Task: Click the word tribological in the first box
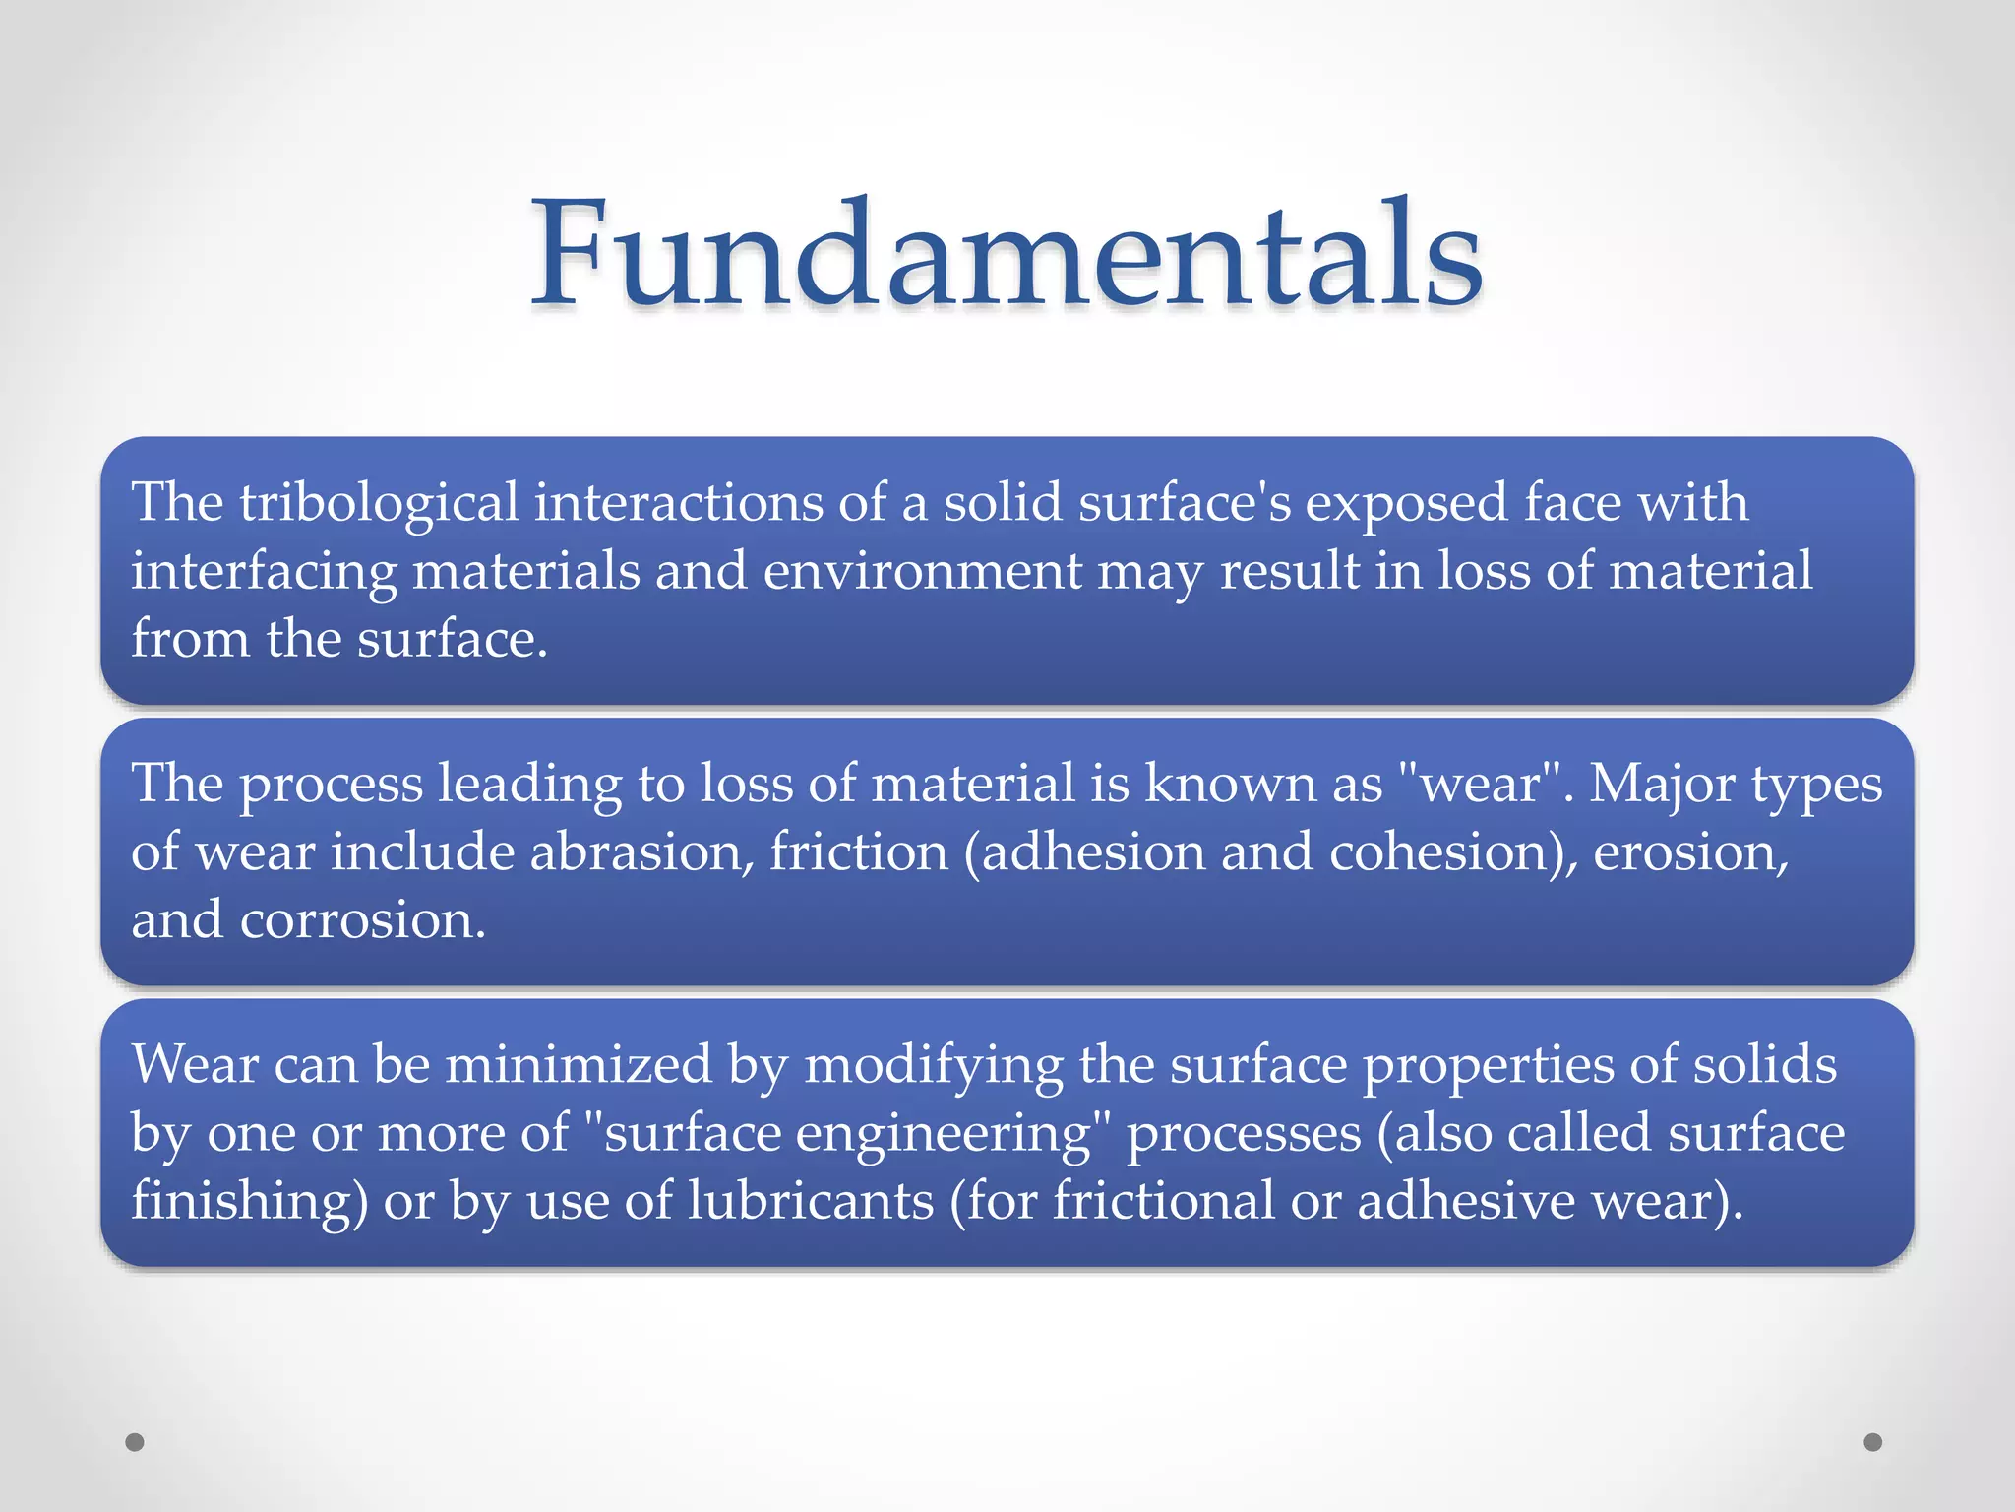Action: (379, 502)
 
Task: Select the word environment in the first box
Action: (922, 571)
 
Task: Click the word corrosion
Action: (362, 920)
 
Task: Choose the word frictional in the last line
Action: (1163, 1201)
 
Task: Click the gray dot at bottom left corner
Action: (135, 1442)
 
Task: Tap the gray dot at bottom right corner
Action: (1873, 1442)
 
